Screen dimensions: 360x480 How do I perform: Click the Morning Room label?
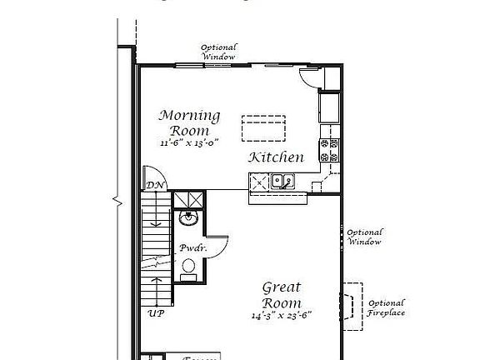(x=190, y=122)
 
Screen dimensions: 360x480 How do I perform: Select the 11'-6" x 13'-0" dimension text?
(x=190, y=142)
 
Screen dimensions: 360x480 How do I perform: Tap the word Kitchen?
(x=276, y=157)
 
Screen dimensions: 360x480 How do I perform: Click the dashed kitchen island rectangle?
(x=263, y=129)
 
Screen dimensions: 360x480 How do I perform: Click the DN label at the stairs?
(x=154, y=185)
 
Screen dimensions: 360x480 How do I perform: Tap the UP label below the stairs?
(x=156, y=313)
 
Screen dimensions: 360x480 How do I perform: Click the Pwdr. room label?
(x=188, y=248)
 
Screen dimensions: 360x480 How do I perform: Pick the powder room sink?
(x=187, y=219)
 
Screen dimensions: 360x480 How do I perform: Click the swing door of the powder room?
(x=217, y=243)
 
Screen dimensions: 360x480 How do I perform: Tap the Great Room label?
(x=282, y=295)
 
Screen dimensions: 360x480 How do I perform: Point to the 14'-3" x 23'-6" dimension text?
(x=282, y=316)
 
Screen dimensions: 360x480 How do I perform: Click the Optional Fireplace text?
(x=387, y=307)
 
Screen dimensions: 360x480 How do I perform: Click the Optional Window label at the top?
(x=218, y=52)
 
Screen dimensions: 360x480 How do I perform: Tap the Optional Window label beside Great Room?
(x=364, y=237)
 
